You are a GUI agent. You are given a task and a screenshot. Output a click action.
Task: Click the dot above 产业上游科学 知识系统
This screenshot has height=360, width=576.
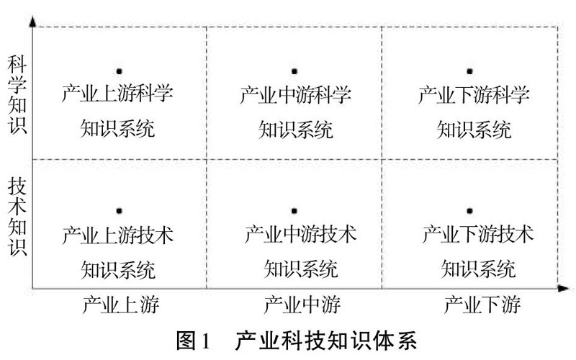coord(119,71)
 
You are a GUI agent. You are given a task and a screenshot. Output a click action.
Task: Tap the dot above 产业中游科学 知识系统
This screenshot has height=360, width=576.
coord(294,71)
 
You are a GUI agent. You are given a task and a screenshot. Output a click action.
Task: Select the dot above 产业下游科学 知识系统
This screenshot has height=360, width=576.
coord(469,71)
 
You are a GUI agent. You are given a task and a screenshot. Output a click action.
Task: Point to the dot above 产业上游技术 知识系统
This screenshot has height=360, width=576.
coord(119,211)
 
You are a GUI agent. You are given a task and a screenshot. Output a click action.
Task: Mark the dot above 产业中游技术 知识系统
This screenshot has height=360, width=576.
coord(294,211)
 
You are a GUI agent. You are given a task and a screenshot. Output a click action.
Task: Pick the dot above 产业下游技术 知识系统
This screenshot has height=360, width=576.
coord(469,211)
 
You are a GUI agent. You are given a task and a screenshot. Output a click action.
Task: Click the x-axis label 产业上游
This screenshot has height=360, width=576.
coord(121,305)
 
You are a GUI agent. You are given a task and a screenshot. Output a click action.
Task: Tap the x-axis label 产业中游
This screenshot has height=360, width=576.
coord(294,305)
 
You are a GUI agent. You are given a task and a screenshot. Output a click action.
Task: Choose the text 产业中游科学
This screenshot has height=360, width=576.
coord(295,95)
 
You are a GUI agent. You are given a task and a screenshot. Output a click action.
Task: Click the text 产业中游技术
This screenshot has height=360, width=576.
coord(300,235)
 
